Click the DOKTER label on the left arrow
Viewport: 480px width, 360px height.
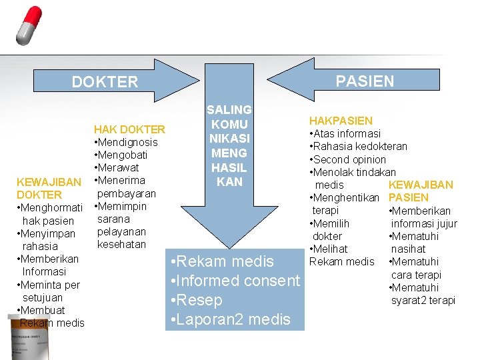click(x=105, y=82)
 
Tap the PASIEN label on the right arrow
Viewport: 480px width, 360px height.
click(x=365, y=81)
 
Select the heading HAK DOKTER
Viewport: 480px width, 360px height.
click(x=129, y=129)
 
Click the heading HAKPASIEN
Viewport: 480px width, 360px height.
click(x=340, y=121)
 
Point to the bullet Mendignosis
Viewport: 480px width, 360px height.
click(x=126, y=143)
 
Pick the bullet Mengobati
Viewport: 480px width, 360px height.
click(x=121, y=155)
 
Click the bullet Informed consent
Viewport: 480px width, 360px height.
click(x=235, y=281)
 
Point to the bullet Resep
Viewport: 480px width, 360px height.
click(x=197, y=300)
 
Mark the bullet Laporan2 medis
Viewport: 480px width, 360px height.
click(x=231, y=319)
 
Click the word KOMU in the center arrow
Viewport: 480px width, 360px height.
click(x=229, y=124)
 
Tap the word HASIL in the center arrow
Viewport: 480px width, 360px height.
click(x=229, y=167)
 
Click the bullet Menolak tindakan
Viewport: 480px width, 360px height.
click(x=353, y=172)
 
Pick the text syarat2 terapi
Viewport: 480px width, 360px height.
click(x=423, y=301)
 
